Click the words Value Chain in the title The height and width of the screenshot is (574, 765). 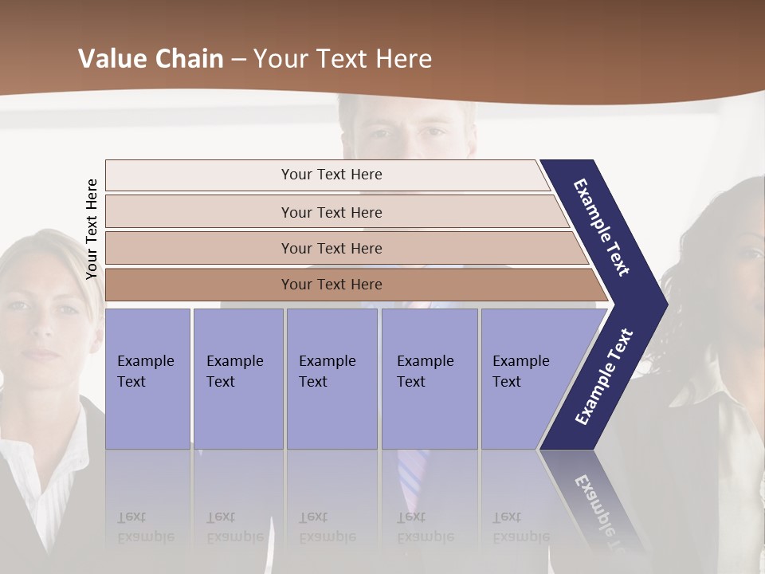coord(151,59)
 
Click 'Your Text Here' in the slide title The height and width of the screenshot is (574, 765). coord(343,59)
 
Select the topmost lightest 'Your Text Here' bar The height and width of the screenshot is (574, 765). coord(331,175)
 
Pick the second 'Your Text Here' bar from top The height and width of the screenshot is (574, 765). coord(331,212)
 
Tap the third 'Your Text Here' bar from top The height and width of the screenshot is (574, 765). coord(331,248)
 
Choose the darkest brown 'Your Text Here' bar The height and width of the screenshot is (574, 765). coord(331,285)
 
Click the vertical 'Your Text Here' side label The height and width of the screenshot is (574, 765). coord(92,230)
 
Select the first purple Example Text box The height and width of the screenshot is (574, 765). coord(147,378)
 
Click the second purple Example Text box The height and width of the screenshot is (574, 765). coord(237,378)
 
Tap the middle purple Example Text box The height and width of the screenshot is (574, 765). coord(331,378)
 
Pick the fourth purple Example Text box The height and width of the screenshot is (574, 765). coord(429,378)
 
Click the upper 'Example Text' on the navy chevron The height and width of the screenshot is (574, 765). coord(602,227)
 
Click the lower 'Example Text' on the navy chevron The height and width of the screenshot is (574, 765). coord(604,377)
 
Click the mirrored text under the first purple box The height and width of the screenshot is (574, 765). coord(145,528)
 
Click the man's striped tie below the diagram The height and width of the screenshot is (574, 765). coord(412,474)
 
